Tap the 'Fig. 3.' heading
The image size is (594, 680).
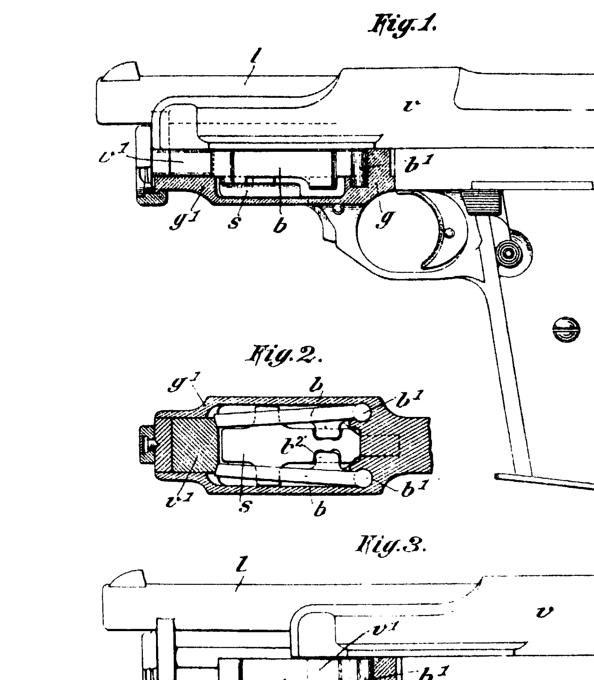click(390, 545)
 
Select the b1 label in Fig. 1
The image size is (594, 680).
click(419, 164)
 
